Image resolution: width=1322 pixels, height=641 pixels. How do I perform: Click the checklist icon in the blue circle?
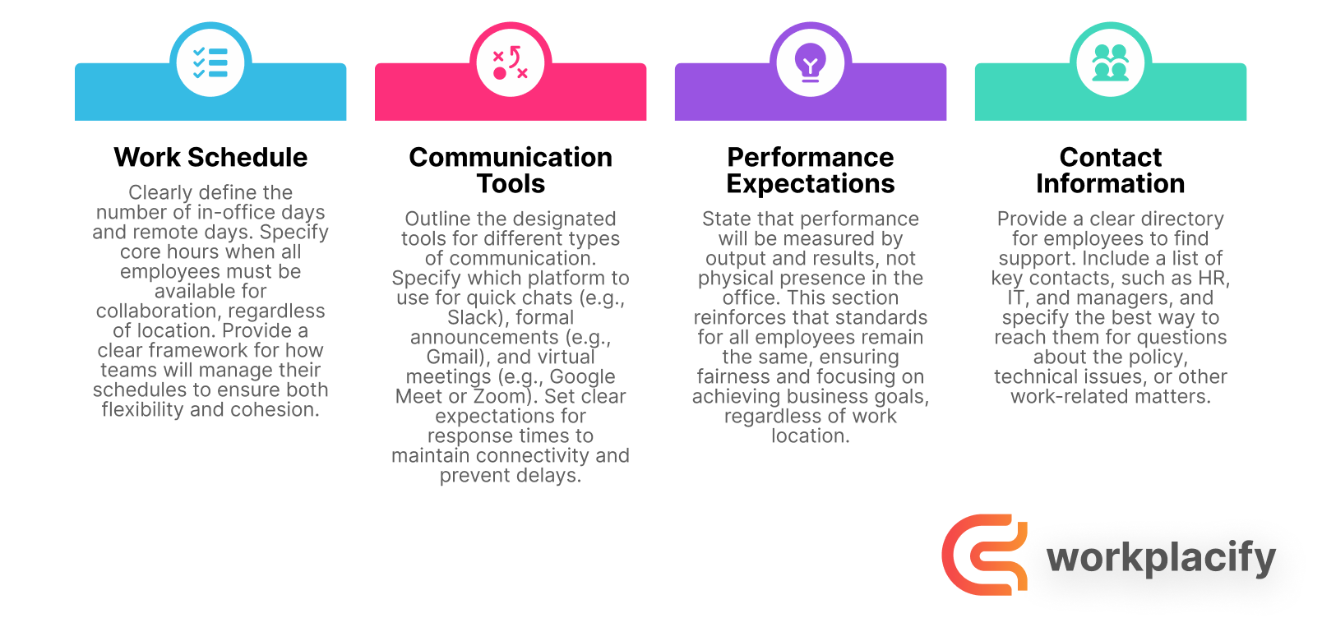(x=210, y=62)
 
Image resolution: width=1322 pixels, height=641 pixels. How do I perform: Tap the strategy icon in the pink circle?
(x=511, y=62)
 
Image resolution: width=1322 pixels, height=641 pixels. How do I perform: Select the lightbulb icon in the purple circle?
(x=811, y=62)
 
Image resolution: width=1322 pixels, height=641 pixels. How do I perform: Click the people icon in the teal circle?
(x=1111, y=62)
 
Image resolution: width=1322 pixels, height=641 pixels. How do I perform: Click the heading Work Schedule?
(x=210, y=157)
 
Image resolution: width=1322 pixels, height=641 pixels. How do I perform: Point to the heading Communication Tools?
(x=511, y=170)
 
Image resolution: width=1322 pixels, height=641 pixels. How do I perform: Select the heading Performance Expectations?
(x=811, y=170)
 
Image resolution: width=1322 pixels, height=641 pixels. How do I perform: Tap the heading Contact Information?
(x=1111, y=170)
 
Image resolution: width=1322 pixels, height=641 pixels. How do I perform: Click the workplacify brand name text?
(x=1161, y=558)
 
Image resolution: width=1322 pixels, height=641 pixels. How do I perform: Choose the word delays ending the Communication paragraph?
(x=551, y=476)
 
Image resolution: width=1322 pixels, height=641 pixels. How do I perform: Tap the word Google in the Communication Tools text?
(x=582, y=377)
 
